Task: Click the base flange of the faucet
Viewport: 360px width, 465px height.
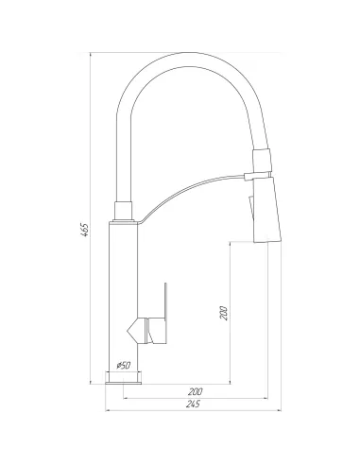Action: coord(123,378)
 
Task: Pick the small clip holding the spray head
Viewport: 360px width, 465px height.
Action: coord(250,174)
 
